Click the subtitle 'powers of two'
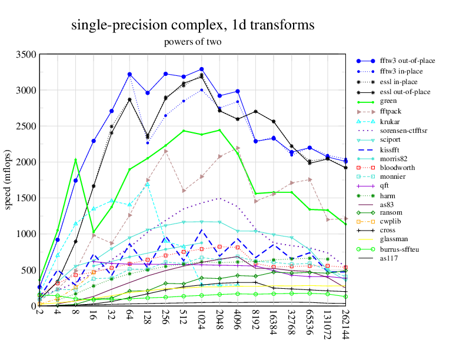tap(192, 42)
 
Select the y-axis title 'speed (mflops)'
tap(8, 180)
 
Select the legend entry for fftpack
tap(392, 112)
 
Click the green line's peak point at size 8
tap(75, 160)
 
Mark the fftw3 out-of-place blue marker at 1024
tap(202, 69)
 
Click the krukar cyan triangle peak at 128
tap(148, 184)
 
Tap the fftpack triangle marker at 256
tap(166, 151)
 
